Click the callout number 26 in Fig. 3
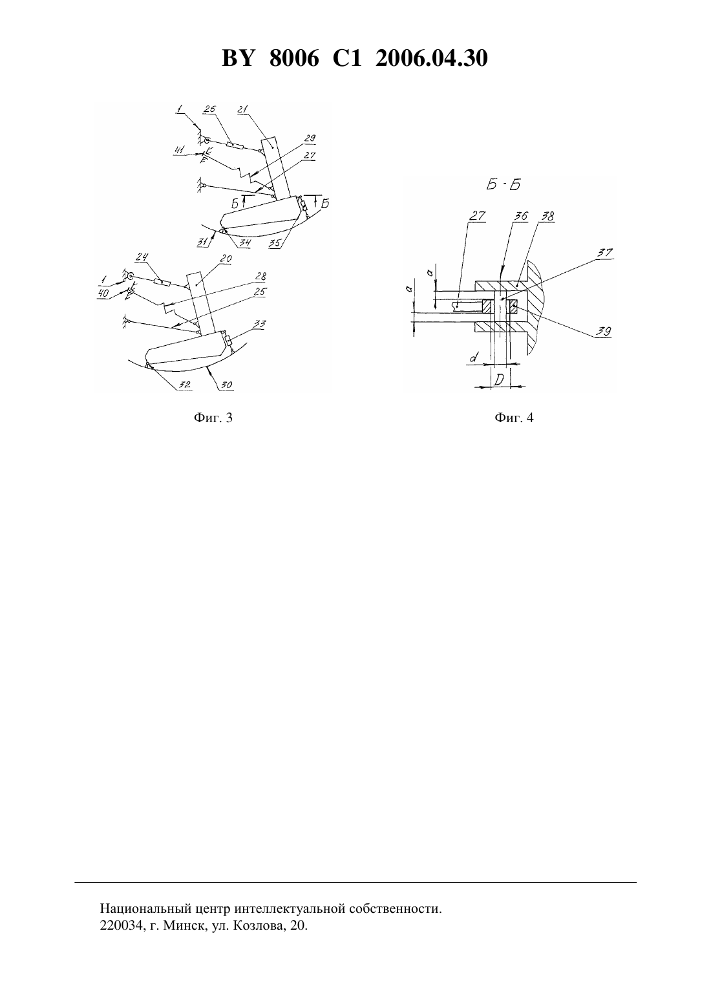click(x=209, y=109)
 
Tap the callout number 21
click(x=243, y=109)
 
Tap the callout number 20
click(x=226, y=259)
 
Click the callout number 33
click(x=260, y=324)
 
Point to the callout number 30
click(x=227, y=385)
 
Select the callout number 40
click(x=103, y=294)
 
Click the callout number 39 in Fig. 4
click(x=604, y=332)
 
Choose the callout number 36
click(x=522, y=216)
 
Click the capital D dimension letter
click(x=500, y=380)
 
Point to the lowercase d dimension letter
click(x=473, y=358)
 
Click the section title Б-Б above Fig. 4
click(x=503, y=184)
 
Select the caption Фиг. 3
click(x=213, y=418)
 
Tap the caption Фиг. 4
click(x=514, y=418)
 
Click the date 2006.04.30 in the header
click(x=431, y=58)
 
